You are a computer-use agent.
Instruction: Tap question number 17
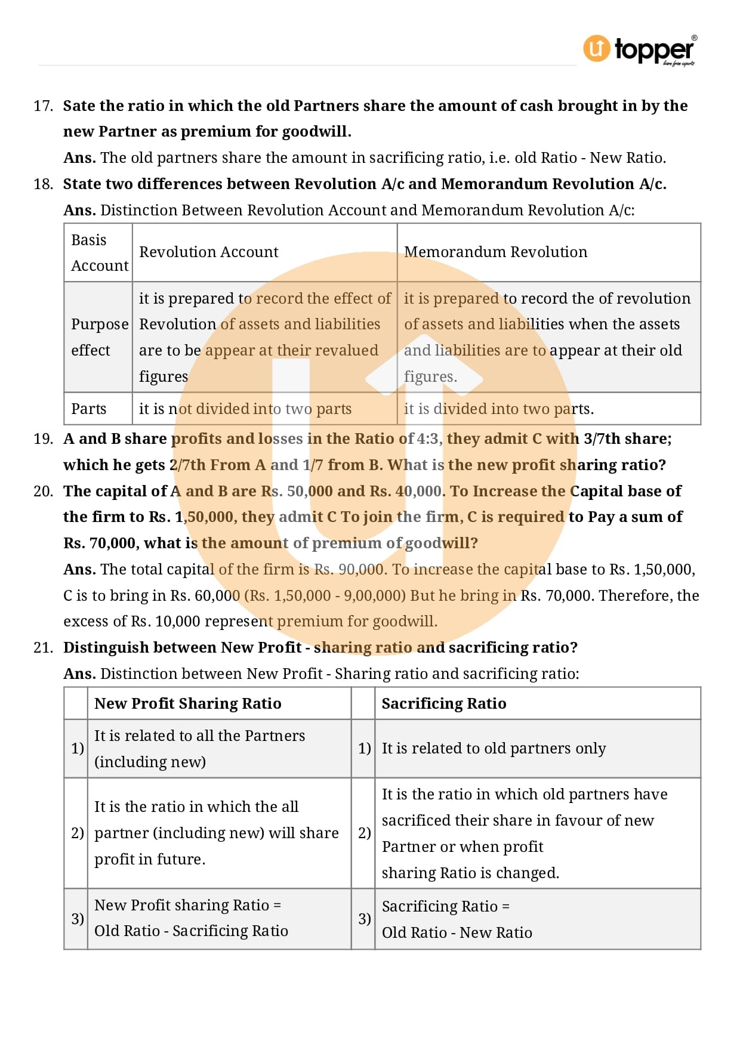coord(43,106)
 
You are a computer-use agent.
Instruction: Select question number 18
coord(43,184)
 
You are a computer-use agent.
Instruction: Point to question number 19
coord(43,439)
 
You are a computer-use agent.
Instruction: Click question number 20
coord(43,492)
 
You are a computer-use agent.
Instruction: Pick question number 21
coord(43,648)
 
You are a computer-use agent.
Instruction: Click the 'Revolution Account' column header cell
coord(209,252)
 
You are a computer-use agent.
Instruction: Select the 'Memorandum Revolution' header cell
coord(495,252)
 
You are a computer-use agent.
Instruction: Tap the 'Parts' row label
coord(89,409)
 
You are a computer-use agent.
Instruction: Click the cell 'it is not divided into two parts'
coord(245,409)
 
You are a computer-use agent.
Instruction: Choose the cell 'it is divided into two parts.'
coord(499,409)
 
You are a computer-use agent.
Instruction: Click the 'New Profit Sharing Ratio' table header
coord(188,704)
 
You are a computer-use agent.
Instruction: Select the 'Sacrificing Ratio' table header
coord(444,704)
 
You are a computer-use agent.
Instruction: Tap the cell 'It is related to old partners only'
coord(494,749)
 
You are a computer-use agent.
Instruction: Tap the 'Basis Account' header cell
coord(99,253)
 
